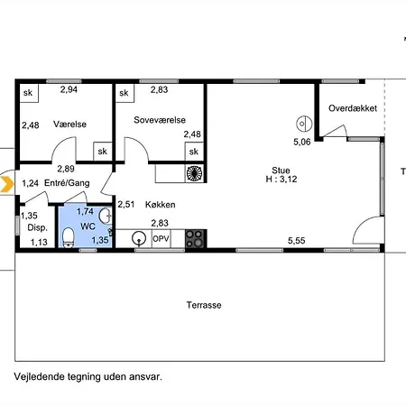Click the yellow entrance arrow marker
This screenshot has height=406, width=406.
point(7,184)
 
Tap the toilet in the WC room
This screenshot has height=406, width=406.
point(69,237)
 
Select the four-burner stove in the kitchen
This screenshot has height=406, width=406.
point(196,238)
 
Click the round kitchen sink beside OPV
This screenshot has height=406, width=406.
point(139,238)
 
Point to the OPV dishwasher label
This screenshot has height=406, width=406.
point(161,239)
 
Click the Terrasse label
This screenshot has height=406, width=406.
point(204,305)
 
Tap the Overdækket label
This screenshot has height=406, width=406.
point(353,108)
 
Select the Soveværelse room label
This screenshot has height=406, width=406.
point(160,120)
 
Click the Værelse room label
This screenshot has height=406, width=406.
point(69,125)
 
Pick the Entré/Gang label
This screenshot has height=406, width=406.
point(67,183)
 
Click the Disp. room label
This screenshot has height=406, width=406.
point(38,227)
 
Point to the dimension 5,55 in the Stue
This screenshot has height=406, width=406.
point(297,241)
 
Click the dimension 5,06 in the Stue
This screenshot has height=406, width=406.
point(302,142)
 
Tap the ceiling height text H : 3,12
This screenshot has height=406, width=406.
point(281,180)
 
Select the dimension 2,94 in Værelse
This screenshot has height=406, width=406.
point(69,89)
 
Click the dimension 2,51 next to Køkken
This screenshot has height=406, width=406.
point(125,205)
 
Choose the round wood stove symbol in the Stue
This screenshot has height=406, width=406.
point(304,124)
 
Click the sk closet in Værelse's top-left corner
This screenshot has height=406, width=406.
point(29,93)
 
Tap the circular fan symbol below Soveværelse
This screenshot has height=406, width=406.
point(194,173)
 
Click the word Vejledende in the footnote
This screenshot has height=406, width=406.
point(40,377)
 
